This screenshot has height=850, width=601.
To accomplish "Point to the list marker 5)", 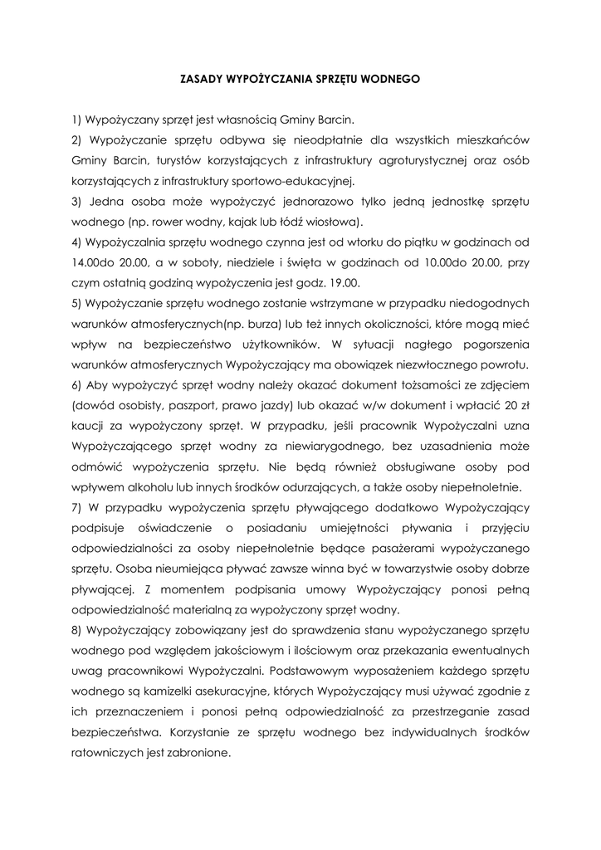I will click(78, 303).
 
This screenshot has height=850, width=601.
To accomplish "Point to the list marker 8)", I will click(78, 630).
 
